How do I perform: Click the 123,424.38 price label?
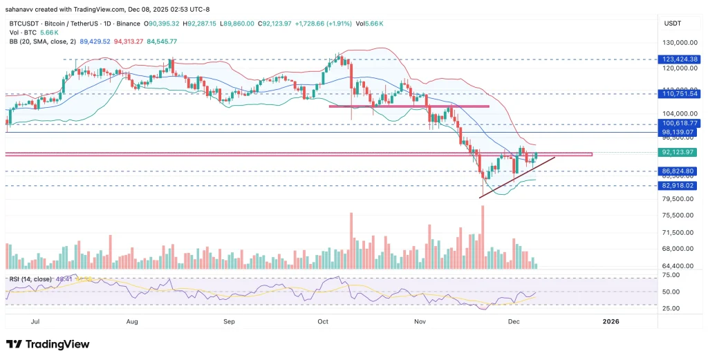pyautogui.click(x=680, y=59)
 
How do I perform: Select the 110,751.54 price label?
pyautogui.click(x=680, y=93)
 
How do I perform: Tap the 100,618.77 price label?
pyautogui.click(x=680, y=123)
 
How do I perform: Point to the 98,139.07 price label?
pyautogui.click(x=680, y=131)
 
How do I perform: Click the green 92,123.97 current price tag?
pyautogui.click(x=680, y=152)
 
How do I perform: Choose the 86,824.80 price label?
pyautogui.click(x=680, y=171)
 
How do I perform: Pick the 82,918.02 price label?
pyautogui.click(x=680, y=186)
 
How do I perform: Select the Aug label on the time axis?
pyautogui.click(x=133, y=321)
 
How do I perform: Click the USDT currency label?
pyautogui.click(x=673, y=23)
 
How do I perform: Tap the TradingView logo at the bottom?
pyautogui.click(x=48, y=344)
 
